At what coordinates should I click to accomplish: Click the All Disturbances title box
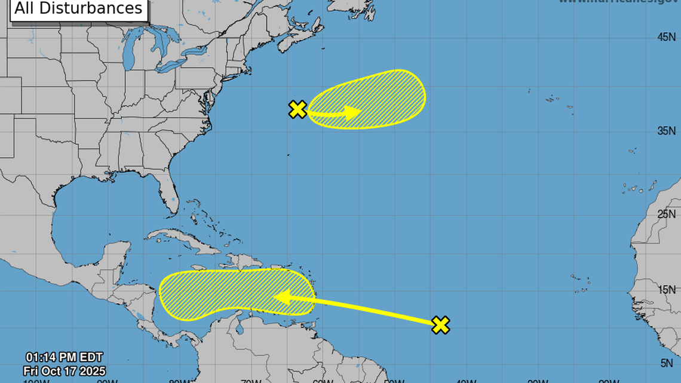(x=79, y=9)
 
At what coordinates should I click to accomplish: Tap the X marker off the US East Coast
(x=297, y=109)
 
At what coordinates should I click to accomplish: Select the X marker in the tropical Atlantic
(x=440, y=324)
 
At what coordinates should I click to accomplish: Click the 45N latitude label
(x=666, y=37)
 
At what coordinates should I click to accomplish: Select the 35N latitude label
(x=666, y=131)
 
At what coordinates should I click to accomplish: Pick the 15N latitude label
(x=666, y=290)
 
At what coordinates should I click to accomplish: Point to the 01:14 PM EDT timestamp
(x=64, y=359)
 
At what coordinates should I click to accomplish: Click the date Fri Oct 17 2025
(x=65, y=372)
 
